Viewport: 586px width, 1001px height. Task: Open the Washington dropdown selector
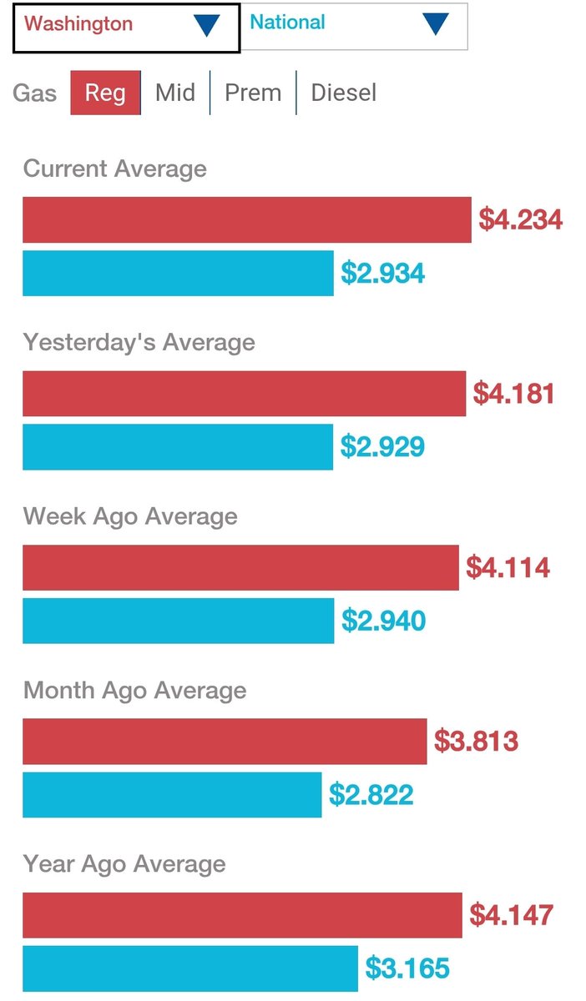[125, 27]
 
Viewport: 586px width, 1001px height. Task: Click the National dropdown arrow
[435, 25]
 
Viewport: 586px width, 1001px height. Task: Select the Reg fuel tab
[105, 92]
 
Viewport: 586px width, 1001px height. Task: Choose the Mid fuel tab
[175, 92]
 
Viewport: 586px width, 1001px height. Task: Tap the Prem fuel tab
[253, 92]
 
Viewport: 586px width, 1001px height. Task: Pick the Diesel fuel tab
[343, 92]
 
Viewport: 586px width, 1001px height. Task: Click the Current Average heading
[115, 169]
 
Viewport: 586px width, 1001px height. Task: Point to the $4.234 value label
[521, 220]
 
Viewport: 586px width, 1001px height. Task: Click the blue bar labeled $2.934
[178, 274]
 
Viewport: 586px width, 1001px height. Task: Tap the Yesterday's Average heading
[139, 342]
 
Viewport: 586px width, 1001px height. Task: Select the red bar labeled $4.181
[244, 394]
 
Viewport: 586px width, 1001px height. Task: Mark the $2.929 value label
[382, 447]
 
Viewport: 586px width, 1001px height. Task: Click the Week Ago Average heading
[130, 516]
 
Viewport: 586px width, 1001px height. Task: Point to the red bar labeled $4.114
[240, 567]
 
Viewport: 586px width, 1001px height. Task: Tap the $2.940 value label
[384, 621]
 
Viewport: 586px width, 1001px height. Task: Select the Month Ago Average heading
[135, 690]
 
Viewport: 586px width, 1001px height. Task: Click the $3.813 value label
[477, 741]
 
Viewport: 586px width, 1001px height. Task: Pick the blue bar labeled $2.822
[172, 795]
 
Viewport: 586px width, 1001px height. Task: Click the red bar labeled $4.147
[242, 915]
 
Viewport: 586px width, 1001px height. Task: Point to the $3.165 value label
[407, 968]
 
